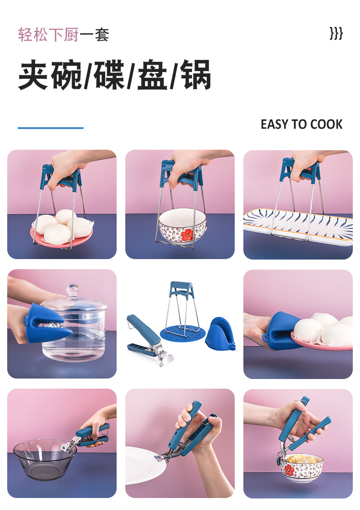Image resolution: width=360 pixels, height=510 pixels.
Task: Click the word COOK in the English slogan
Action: click(x=326, y=125)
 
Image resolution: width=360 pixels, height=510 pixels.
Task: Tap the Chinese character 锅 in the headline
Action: click(x=197, y=75)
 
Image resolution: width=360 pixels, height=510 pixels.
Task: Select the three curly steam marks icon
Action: click(x=336, y=34)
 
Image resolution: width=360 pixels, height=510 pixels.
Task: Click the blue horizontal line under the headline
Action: click(x=50, y=128)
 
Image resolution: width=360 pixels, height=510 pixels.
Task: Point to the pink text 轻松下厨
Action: click(x=48, y=35)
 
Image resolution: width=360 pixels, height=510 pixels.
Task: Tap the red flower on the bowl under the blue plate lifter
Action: click(x=186, y=235)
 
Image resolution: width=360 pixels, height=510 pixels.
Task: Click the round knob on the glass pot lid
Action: click(x=72, y=290)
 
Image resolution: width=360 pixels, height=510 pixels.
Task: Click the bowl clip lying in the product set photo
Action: click(x=146, y=333)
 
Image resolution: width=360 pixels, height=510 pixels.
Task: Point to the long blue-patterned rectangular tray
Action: click(x=298, y=225)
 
